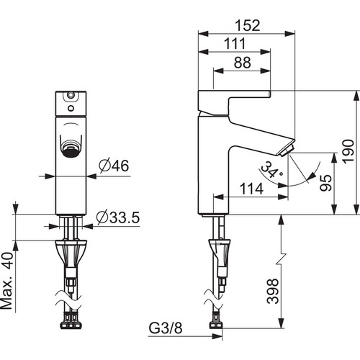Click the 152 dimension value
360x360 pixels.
[247, 25]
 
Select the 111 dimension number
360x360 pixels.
[235, 44]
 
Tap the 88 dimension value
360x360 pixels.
[242, 63]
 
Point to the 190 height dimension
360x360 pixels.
[348, 151]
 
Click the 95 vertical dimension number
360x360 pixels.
[325, 183]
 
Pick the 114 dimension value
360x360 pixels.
[251, 189]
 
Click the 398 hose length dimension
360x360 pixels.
[273, 291]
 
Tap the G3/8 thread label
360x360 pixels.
[166, 328]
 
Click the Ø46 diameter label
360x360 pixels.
[114, 166]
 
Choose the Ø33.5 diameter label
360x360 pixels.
[118, 217]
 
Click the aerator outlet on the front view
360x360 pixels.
[71, 150]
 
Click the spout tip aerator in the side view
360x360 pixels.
[287, 151]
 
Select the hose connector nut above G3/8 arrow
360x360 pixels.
[216, 325]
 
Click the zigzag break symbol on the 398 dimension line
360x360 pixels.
[281, 258]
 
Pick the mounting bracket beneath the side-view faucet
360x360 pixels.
[219, 251]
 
